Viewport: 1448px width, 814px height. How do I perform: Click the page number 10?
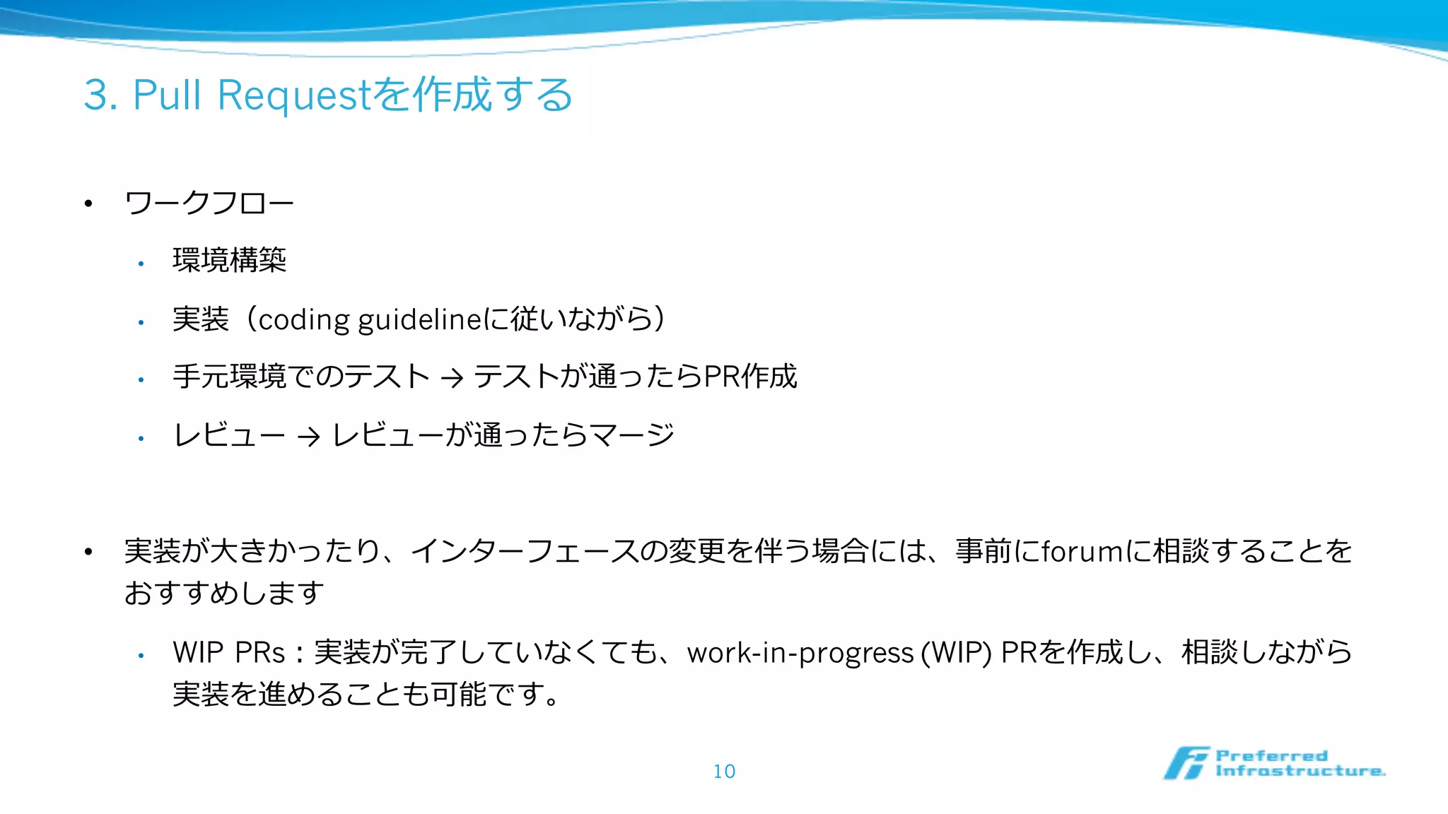point(724,771)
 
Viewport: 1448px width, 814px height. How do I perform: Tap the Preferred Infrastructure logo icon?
point(1186,763)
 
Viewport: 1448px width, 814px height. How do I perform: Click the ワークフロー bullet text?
point(209,203)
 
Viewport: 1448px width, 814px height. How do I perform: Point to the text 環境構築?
point(229,260)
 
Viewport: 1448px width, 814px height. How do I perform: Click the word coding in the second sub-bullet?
point(303,320)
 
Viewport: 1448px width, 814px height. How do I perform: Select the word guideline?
point(420,320)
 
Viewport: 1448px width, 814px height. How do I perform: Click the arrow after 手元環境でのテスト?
point(452,378)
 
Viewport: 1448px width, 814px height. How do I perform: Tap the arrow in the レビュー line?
point(308,437)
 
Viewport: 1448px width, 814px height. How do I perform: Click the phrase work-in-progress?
point(800,653)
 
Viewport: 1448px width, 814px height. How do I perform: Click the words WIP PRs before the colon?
point(228,652)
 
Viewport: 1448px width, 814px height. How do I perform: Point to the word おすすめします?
point(224,593)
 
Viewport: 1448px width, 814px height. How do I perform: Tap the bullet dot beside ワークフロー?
point(88,204)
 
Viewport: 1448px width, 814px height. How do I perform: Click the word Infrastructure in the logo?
point(1300,771)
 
